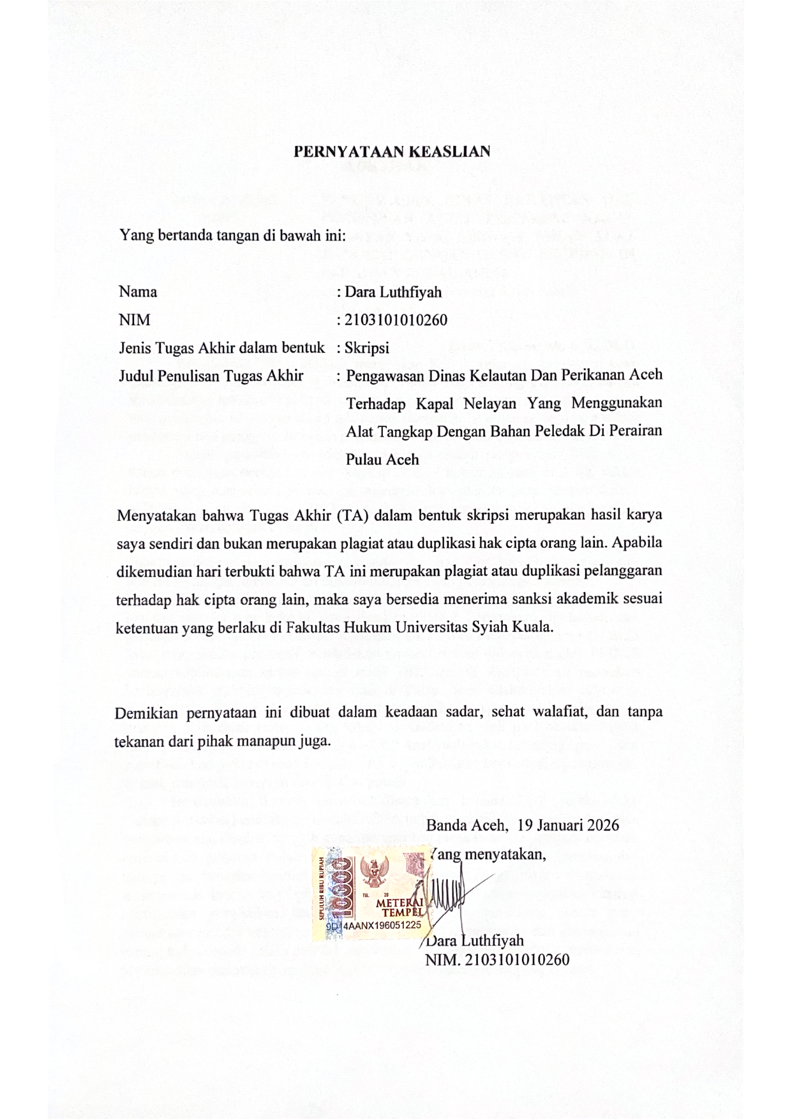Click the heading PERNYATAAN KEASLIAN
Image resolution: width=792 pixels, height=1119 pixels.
(391, 152)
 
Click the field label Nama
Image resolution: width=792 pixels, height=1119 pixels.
(138, 292)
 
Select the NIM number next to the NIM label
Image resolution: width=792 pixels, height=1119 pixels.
(396, 320)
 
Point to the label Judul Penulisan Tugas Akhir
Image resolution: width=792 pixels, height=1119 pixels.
(211, 376)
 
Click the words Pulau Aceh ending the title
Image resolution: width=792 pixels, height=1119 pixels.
(382, 459)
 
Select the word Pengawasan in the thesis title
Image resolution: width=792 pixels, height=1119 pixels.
(381, 375)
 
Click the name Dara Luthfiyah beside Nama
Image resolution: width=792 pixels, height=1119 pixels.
(393, 292)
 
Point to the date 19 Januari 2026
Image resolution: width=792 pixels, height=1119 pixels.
(569, 825)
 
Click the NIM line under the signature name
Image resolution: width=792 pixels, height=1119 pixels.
(497, 960)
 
